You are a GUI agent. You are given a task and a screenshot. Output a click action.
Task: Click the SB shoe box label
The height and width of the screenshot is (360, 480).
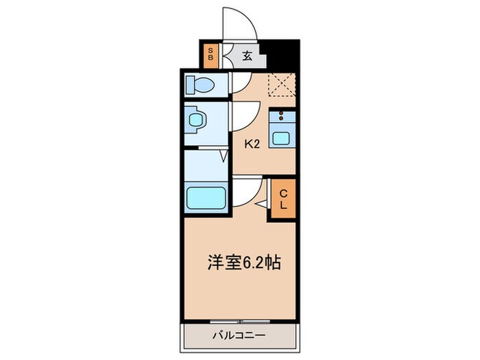tap(211, 55)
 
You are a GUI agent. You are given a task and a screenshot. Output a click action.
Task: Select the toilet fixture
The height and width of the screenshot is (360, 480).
tap(201, 86)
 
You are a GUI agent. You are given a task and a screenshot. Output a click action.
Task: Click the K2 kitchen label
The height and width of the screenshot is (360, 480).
tap(252, 144)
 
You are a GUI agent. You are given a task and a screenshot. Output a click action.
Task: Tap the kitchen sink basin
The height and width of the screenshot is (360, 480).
tap(281, 136)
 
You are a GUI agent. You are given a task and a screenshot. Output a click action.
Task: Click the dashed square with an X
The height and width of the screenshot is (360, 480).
tap(281, 86)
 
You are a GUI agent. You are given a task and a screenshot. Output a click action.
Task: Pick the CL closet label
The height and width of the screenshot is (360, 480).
tap(283, 198)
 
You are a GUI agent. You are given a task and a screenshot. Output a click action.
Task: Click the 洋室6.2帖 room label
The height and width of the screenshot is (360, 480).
tap(243, 262)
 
